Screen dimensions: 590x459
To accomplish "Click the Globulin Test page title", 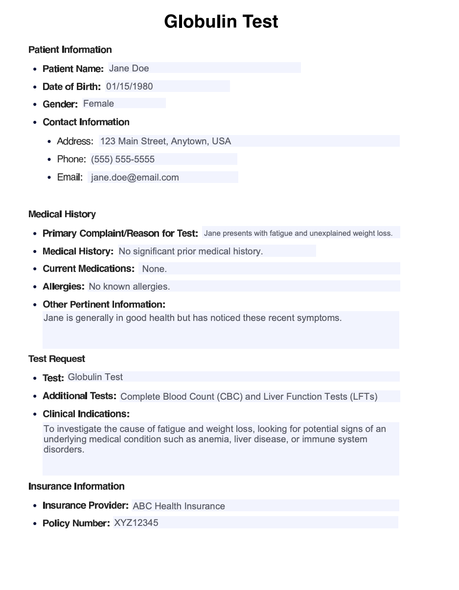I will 221,22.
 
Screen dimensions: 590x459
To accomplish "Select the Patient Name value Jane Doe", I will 129,68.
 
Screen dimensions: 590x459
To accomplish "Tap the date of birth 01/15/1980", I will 129,87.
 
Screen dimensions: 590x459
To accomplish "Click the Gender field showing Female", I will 98,104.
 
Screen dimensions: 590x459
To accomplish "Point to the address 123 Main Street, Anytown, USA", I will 165,141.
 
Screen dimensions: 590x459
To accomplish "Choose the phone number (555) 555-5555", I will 123,159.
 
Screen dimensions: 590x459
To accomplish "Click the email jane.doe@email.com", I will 135,178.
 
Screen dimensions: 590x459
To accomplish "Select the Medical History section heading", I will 62,214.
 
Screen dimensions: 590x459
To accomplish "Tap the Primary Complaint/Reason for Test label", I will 120,233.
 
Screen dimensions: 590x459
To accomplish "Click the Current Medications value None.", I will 155,269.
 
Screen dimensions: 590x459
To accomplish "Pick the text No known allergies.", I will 129,287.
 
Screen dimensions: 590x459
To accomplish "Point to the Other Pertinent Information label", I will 104,304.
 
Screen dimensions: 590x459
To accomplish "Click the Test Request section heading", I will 57,359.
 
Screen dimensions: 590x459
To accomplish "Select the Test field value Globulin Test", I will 95,377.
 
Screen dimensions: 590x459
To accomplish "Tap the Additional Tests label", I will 79,396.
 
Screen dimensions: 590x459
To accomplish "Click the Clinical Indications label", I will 86,414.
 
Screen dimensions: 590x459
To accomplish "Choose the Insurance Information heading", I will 76,486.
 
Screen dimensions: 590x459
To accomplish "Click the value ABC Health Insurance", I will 179,506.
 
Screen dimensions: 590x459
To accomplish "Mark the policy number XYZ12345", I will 136,523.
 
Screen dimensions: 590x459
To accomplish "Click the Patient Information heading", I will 70,50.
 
